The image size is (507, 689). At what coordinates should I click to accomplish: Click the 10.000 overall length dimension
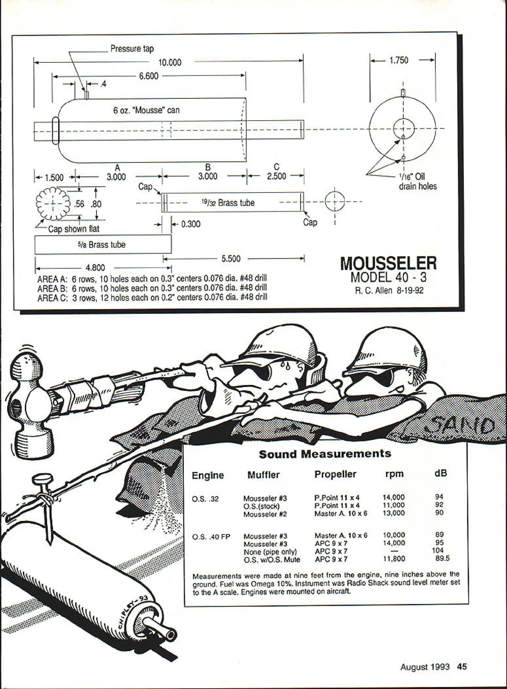[170, 62]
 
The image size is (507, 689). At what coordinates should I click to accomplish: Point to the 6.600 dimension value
[149, 76]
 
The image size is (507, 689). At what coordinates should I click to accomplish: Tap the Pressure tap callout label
[132, 49]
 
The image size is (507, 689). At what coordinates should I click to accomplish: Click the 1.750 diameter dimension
[399, 60]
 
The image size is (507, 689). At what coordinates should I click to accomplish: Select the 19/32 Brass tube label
[228, 203]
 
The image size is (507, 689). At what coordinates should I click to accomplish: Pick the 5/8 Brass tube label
[101, 245]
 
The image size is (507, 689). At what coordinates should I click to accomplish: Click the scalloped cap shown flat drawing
[53, 204]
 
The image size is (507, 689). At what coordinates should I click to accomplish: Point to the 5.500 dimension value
[231, 259]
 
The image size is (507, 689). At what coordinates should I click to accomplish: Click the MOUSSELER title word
[388, 263]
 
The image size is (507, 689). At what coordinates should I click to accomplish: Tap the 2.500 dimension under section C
[276, 176]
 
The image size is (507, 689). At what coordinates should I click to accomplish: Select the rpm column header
[394, 474]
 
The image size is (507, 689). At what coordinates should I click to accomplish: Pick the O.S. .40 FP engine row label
[211, 537]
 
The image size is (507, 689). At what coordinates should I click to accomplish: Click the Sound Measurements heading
[325, 454]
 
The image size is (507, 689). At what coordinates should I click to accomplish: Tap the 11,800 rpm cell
[394, 559]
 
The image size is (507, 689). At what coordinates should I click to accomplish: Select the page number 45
[462, 667]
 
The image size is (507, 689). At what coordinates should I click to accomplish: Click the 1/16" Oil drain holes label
[417, 181]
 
